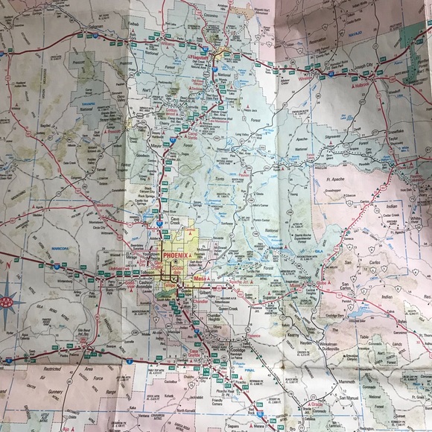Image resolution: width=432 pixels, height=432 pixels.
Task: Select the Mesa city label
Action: click(199, 279)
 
